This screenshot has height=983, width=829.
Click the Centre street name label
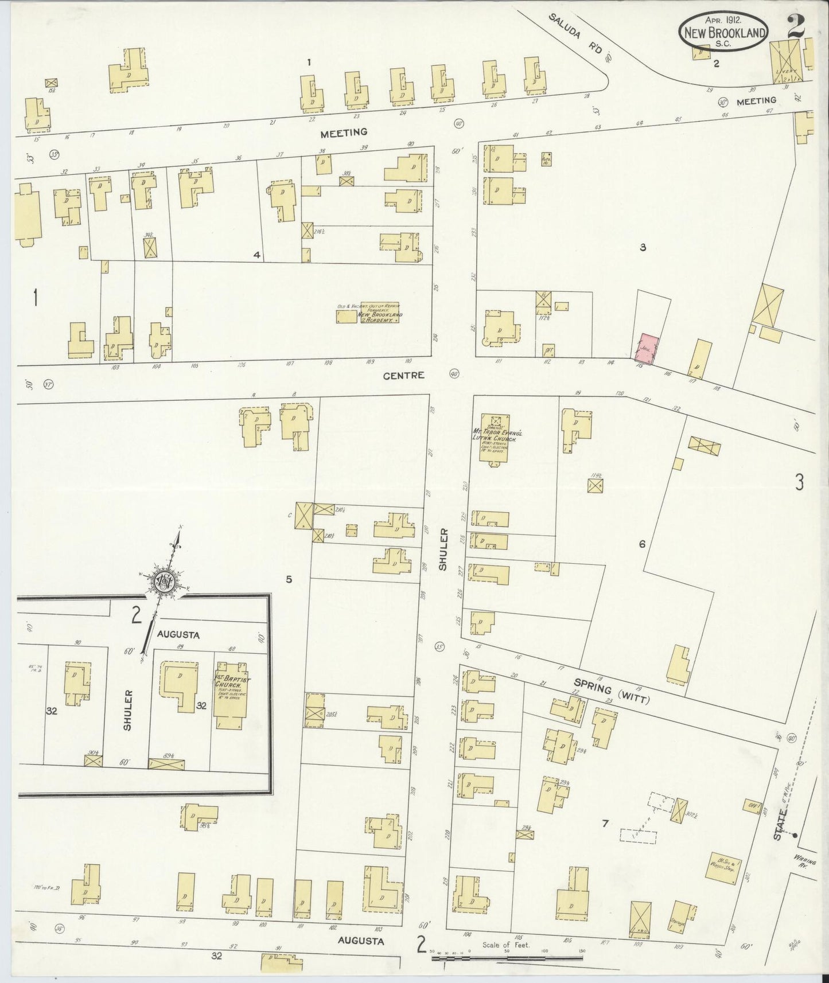(x=408, y=375)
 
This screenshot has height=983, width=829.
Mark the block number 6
(x=642, y=544)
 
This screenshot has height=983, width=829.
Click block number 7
(x=605, y=824)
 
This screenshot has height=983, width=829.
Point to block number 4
(x=257, y=255)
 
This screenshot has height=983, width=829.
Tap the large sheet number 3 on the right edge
(x=799, y=483)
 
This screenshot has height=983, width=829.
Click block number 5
(x=289, y=579)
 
